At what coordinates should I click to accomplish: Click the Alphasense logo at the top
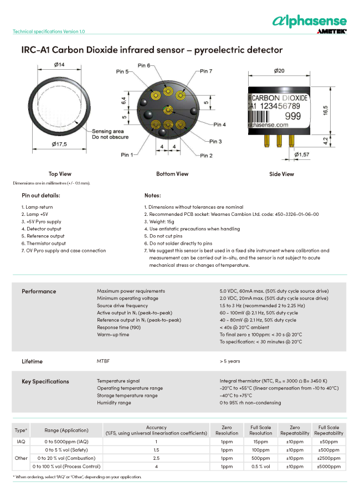point(310,20)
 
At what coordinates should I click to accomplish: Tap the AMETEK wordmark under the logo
point(332,32)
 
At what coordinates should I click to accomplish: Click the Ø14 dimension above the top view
point(59,65)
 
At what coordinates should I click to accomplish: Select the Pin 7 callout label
point(206,71)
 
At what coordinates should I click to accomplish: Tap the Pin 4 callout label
point(220,125)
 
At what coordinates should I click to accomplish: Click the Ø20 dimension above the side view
point(279,71)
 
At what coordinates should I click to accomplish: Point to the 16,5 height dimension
point(326,109)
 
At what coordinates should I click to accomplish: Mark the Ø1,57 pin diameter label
point(302,154)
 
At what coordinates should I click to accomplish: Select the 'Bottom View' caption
point(172,174)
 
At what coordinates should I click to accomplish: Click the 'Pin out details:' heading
point(41,195)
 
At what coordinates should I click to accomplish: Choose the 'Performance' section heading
point(39,291)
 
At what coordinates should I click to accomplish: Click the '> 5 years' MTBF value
point(230,361)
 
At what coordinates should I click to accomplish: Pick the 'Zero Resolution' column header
point(226,430)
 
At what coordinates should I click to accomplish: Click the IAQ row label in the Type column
point(21,442)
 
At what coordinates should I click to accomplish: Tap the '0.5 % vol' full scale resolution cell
point(261,467)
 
